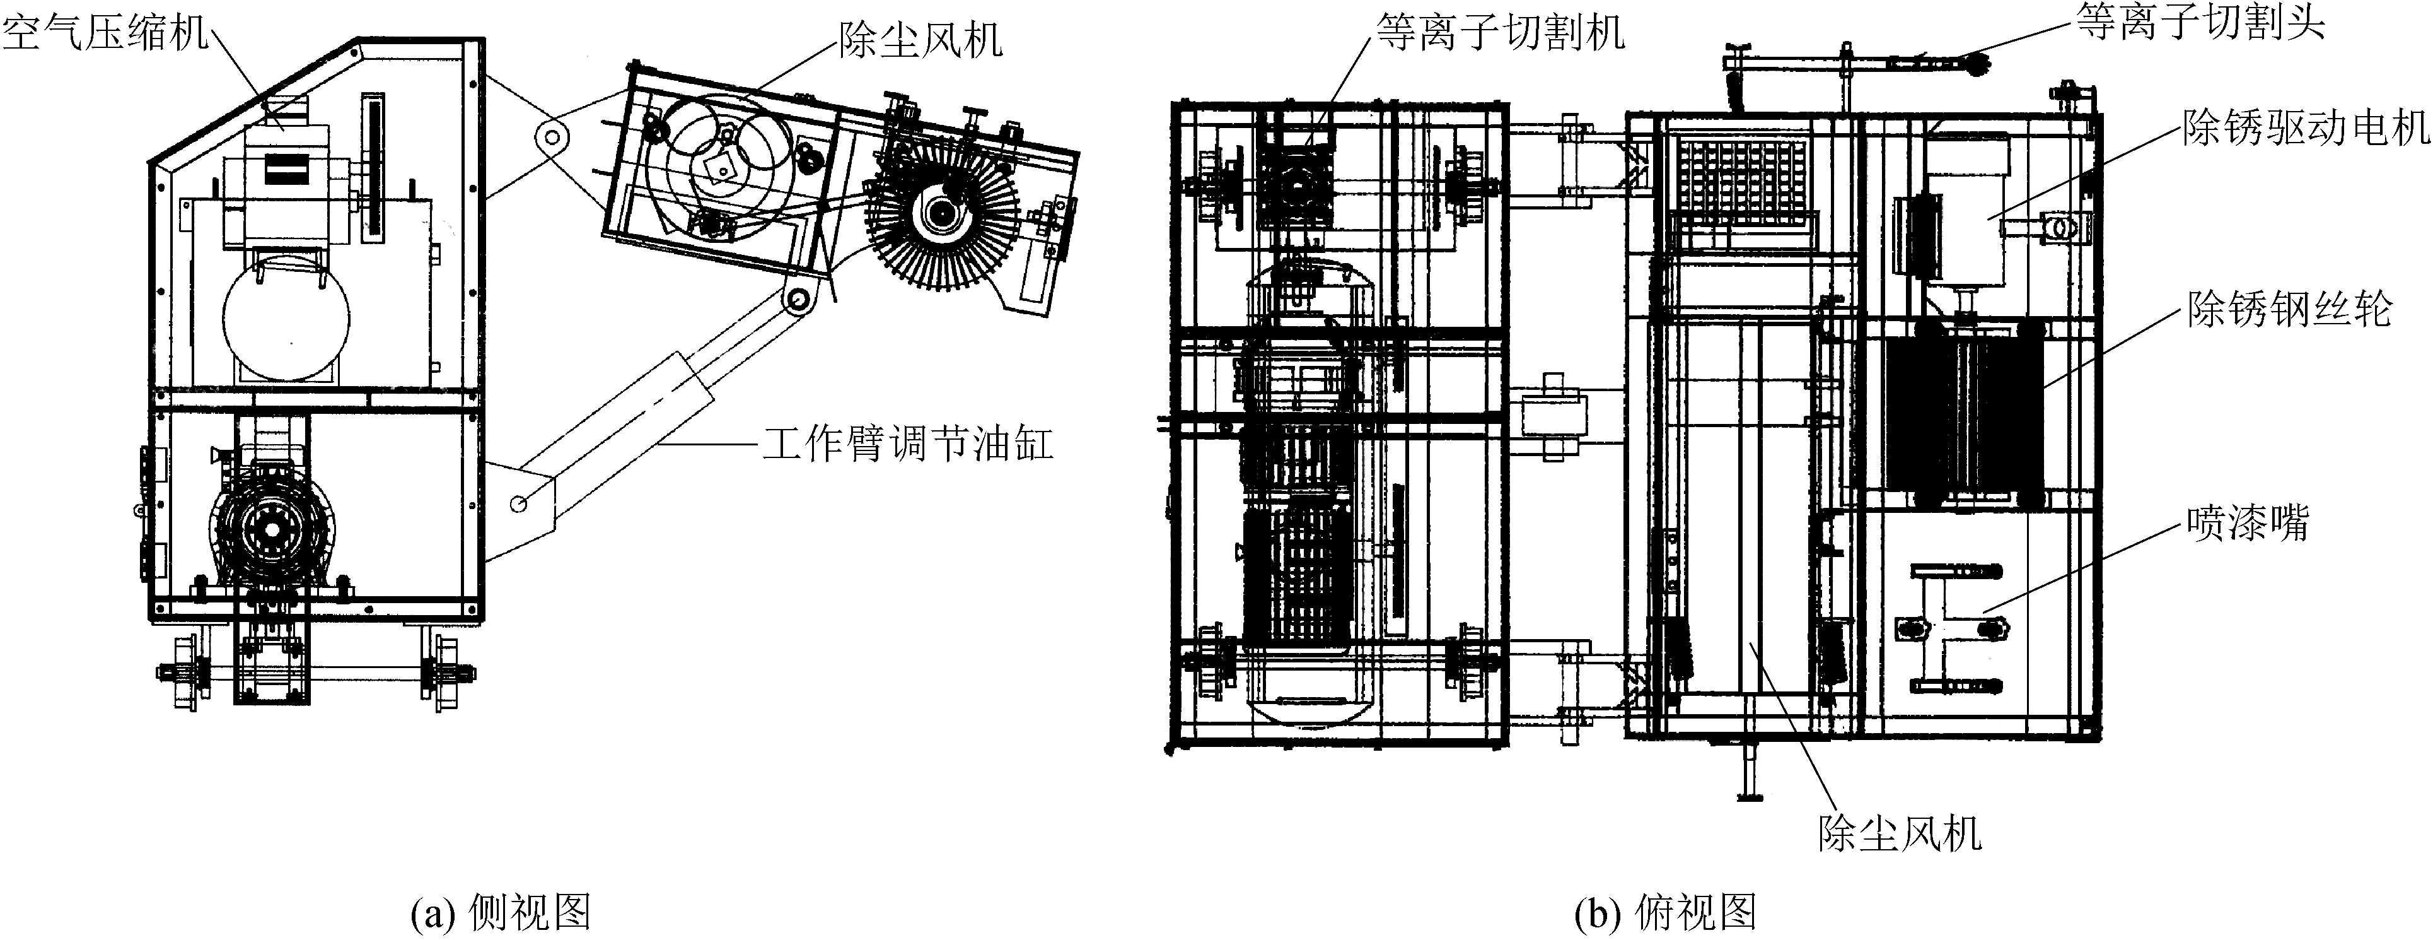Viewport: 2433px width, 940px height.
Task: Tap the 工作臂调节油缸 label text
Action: [x=907, y=443]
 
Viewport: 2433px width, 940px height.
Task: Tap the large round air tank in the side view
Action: [x=286, y=317]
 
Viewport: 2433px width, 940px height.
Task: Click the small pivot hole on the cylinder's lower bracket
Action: [x=518, y=503]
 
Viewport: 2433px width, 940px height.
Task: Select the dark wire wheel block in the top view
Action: [x=1965, y=412]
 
